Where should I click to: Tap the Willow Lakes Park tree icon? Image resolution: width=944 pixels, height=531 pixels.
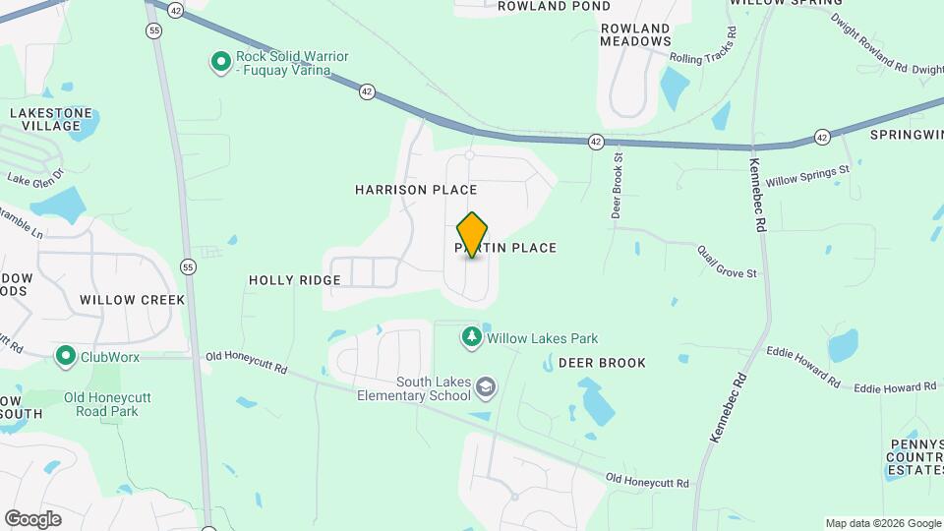472,338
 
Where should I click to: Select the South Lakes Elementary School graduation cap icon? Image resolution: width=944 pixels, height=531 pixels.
485,388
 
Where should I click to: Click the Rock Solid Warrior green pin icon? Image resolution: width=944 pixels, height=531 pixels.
221,64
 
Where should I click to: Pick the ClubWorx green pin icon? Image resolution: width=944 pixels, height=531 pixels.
66,355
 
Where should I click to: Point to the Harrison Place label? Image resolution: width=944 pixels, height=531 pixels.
416,190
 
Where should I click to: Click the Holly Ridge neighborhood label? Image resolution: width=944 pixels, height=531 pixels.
294,280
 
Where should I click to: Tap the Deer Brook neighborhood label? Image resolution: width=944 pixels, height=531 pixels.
602,363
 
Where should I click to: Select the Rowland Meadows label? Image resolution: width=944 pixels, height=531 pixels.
635,34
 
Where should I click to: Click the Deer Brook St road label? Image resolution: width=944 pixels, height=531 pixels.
618,184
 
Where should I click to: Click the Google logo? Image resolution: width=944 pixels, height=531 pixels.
32,519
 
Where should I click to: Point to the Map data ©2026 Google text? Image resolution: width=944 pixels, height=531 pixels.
883,523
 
